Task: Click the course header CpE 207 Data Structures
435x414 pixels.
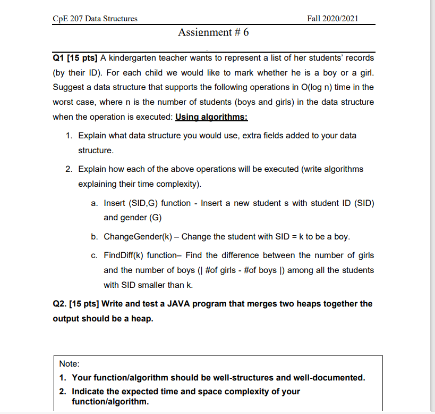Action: click(x=95, y=19)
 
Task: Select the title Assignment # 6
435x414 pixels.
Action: click(x=213, y=32)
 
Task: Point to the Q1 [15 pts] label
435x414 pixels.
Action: click(x=75, y=57)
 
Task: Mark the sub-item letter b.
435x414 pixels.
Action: click(x=94, y=236)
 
